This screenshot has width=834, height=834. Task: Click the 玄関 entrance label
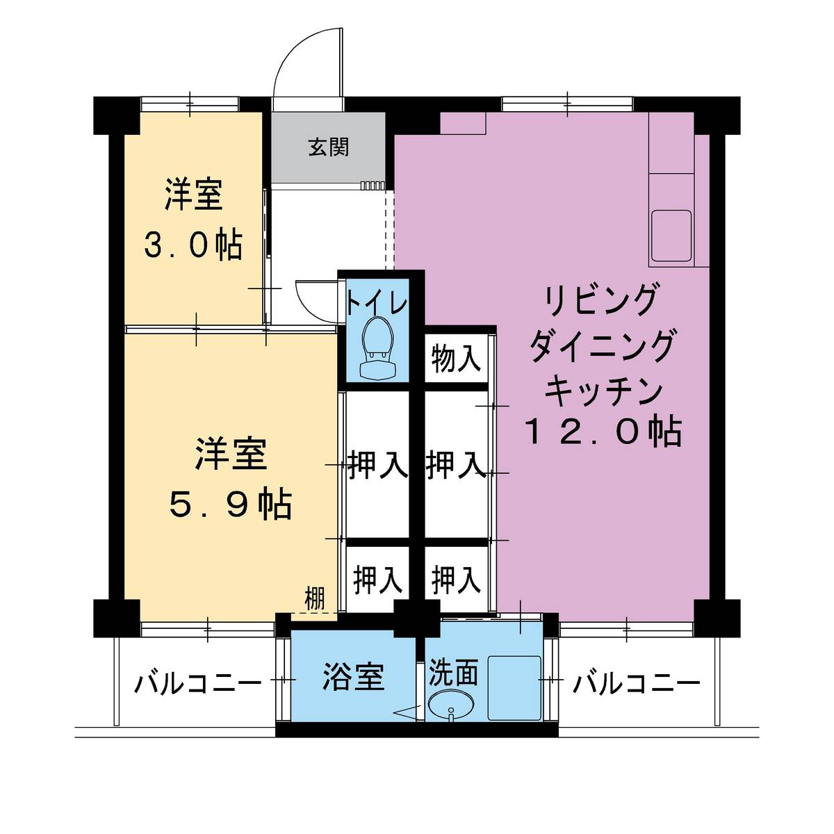[x=329, y=147]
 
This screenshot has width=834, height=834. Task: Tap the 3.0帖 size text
[x=193, y=246]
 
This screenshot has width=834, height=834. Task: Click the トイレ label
[x=376, y=303]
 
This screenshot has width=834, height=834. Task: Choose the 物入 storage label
[x=455, y=359]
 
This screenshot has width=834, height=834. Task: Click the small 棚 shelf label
[x=315, y=600]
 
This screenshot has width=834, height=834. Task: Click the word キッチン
[x=602, y=391]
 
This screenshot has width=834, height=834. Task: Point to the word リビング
[x=602, y=301]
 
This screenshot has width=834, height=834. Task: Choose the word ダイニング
[x=602, y=345]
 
